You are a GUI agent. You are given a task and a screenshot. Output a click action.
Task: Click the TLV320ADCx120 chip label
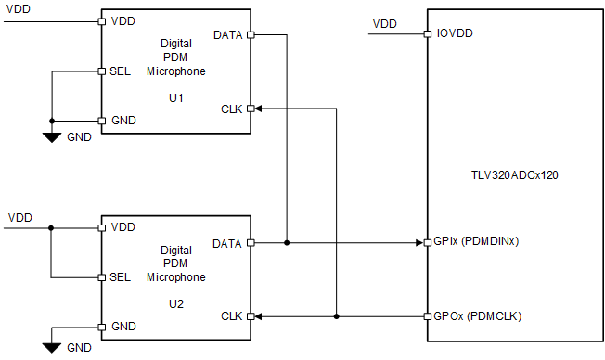click(515, 174)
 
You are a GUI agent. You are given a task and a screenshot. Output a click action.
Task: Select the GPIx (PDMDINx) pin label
click(475, 243)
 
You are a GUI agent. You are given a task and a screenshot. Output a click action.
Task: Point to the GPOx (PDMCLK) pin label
click(477, 316)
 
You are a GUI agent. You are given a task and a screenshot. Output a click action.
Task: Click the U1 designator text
click(175, 96)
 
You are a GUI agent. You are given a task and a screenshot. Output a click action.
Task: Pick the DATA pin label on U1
click(228, 35)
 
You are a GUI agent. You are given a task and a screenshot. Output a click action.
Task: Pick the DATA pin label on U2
click(228, 243)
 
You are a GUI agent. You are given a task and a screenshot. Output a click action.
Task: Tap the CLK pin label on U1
click(232, 109)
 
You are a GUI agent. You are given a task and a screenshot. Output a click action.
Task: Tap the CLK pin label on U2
click(232, 316)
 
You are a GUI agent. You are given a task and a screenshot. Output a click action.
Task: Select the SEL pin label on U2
click(120, 277)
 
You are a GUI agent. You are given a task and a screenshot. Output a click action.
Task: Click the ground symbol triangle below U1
click(52, 137)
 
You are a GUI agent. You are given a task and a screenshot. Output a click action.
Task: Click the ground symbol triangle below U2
click(52, 347)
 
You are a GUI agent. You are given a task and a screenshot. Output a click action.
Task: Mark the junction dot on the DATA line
click(287, 243)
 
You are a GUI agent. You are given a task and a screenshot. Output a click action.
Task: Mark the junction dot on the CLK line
click(336, 316)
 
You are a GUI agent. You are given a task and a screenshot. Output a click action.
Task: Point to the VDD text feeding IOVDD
click(384, 23)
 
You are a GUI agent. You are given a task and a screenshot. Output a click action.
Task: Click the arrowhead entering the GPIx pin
click(417, 243)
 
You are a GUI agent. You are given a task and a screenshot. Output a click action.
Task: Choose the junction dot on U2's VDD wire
click(52, 226)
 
